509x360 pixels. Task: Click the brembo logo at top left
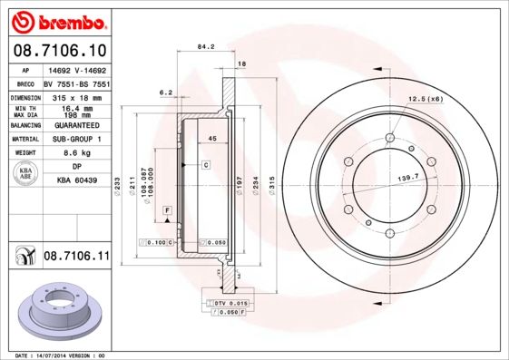point(56,20)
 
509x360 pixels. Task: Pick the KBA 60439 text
point(76,181)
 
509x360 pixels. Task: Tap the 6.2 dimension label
point(165,92)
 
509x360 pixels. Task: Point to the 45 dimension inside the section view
point(211,139)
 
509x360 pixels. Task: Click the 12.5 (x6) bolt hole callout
point(425,98)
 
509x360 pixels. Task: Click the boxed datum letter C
point(206,164)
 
